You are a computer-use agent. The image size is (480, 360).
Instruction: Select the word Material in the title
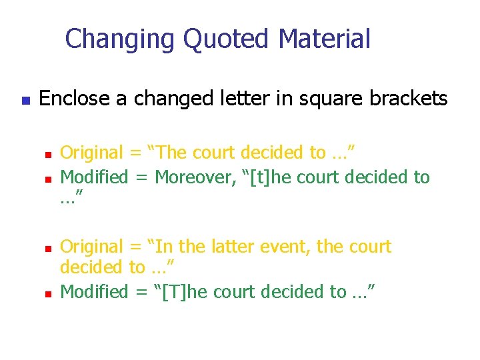(324, 39)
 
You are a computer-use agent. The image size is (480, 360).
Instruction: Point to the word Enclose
(75, 99)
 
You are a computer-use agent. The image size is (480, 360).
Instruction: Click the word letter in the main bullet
(235, 99)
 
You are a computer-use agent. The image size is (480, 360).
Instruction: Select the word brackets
(406, 99)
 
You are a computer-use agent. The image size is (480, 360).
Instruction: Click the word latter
(230, 247)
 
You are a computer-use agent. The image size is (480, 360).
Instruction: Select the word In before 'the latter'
(165, 247)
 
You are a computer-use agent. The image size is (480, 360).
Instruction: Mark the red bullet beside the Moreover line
(48, 179)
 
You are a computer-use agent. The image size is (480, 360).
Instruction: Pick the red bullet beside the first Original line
(48, 155)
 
